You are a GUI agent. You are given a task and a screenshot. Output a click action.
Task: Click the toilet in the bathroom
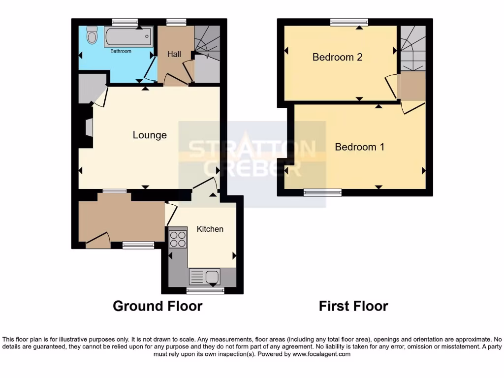point(92,35)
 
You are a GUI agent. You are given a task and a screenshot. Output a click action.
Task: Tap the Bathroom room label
point(121,51)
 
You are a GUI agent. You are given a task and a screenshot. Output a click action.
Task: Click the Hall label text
point(174,54)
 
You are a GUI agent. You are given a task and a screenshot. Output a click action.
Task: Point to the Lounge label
point(150,135)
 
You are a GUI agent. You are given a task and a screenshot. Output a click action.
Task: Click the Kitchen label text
point(210,229)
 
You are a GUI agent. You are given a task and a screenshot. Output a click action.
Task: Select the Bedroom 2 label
point(338,57)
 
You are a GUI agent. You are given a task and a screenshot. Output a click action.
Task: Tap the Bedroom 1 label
point(359,147)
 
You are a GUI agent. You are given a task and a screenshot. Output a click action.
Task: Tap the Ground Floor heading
point(157,306)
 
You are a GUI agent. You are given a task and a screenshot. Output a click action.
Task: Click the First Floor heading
point(353,306)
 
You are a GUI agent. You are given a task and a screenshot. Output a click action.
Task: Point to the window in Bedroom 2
point(349,22)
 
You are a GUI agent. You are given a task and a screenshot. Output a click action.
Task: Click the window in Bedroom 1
point(322,193)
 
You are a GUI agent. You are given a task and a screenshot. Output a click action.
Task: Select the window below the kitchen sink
point(206,291)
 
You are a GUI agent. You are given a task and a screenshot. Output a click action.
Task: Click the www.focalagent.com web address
point(321,354)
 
